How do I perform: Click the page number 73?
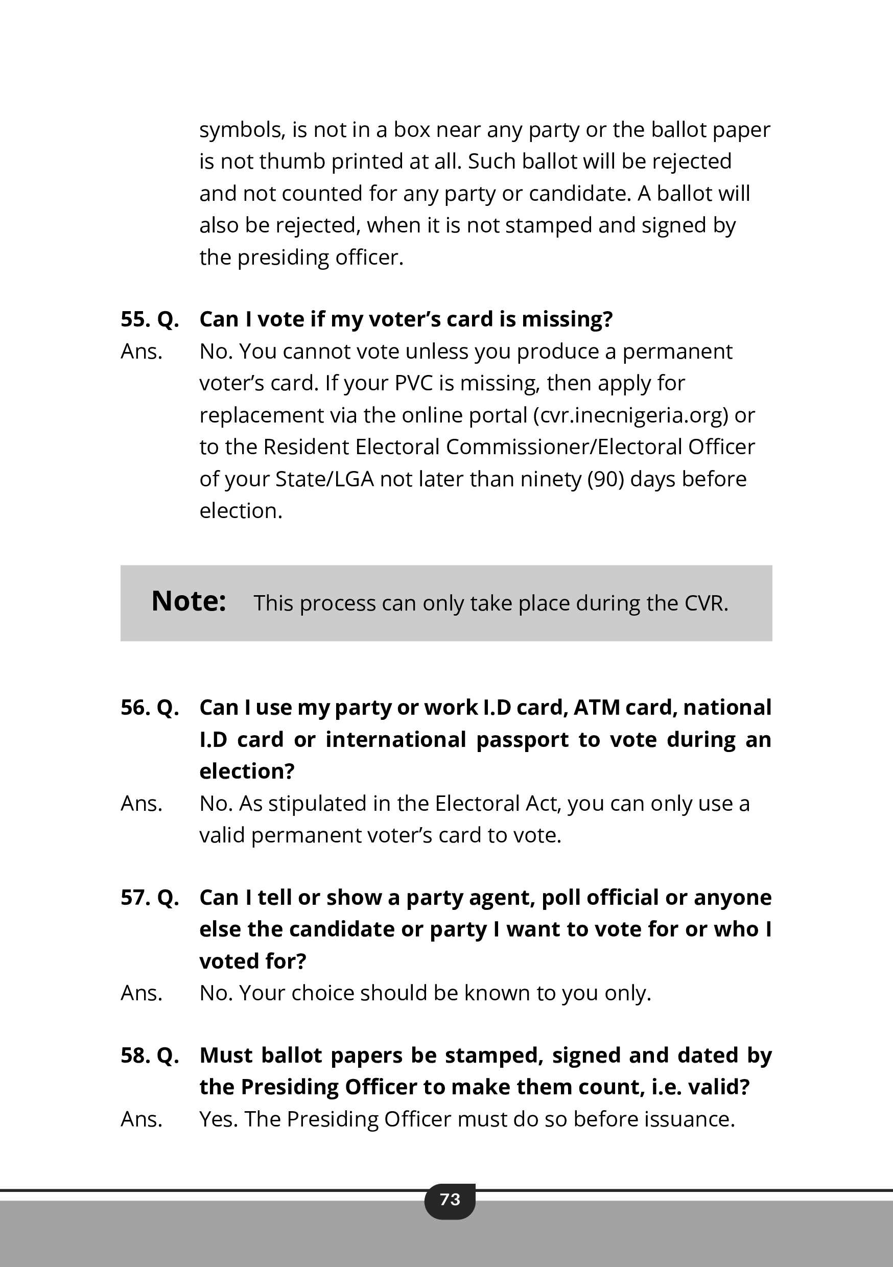(x=450, y=1199)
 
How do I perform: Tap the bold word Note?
(x=189, y=601)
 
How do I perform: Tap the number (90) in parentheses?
(x=605, y=479)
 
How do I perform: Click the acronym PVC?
(x=414, y=383)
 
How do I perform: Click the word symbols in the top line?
(x=242, y=130)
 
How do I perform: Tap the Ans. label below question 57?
(x=142, y=993)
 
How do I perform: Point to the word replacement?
(x=261, y=415)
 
